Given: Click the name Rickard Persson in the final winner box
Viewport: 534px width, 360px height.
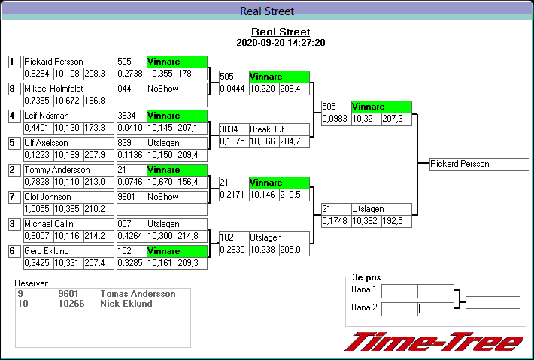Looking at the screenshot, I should click(x=460, y=164).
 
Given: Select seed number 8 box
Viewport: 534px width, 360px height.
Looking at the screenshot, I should click(x=12, y=89).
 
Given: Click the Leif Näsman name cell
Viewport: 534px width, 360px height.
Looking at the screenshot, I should click(x=47, y=116).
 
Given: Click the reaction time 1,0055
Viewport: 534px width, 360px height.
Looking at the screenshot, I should click(x=36, y=208).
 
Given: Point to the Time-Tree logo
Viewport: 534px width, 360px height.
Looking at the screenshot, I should click(x=433, y=343).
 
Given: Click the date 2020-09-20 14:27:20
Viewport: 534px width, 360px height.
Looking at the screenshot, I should click(x=281, y=43).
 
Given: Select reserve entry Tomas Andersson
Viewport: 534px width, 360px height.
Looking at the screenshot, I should click(x=138, y=294).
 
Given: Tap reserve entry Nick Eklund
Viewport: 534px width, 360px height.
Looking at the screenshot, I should click(x=126, y=304).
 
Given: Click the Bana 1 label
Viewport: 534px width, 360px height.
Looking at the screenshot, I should click(x=364, y=290).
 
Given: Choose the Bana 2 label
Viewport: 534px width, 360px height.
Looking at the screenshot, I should click(x=364, y=307).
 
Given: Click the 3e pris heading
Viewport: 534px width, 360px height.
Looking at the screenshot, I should click(x=366, y=277).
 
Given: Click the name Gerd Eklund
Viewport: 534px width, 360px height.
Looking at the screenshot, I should click(x=47, y=251).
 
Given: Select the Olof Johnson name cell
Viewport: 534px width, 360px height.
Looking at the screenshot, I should click(x=48, y=197).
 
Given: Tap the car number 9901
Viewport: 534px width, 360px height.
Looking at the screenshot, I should click(x=126, y=197).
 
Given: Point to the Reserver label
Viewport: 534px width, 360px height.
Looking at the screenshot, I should click(x=32, y=283).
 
